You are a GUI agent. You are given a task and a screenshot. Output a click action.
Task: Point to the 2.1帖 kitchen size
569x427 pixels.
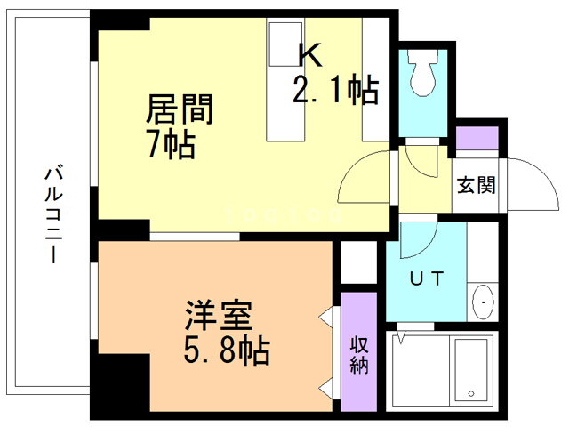point(335,90)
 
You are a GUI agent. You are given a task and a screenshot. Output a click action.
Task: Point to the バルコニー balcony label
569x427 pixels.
point(52,212)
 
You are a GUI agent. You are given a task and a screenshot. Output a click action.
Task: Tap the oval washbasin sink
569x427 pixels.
point(482,302)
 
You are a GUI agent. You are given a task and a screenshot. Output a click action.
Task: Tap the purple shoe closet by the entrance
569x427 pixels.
point(478,139)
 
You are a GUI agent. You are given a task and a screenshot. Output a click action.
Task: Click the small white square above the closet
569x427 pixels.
point(360,262)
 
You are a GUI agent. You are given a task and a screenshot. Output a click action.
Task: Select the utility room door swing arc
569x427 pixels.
point(418,236)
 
